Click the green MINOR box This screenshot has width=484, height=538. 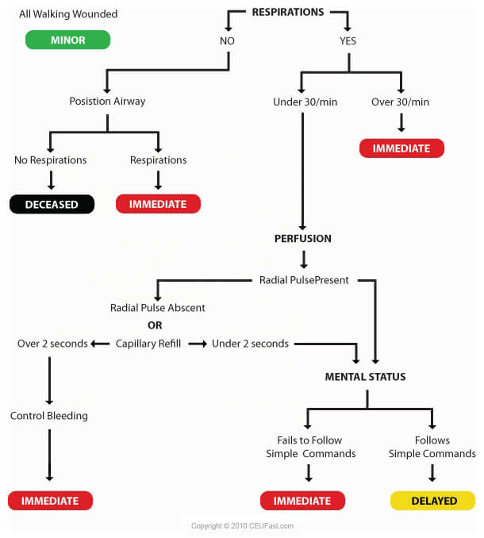[67, 40]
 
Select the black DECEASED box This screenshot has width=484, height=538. [52, 204]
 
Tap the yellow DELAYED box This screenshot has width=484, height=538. [432, 501]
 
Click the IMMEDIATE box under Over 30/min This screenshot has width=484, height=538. [401, 148]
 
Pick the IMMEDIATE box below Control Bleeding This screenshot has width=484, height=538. [50, 501]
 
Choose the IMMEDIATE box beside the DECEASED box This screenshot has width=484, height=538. [158, 204]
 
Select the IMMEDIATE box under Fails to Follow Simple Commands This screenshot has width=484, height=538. [302, 501]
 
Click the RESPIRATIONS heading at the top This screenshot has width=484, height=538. [287, 12]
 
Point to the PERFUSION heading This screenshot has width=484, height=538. [302, 238]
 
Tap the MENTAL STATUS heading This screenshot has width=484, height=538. [365, 377]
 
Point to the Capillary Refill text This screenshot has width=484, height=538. [150, 344]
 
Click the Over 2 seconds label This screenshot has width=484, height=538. [52, 344]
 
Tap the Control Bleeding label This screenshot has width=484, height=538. [49, 416]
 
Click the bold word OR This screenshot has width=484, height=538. [156, 325]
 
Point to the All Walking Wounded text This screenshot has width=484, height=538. [67, 14]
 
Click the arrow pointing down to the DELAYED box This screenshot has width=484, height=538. [432, 474]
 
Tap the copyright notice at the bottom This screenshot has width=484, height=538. [241, 526]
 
